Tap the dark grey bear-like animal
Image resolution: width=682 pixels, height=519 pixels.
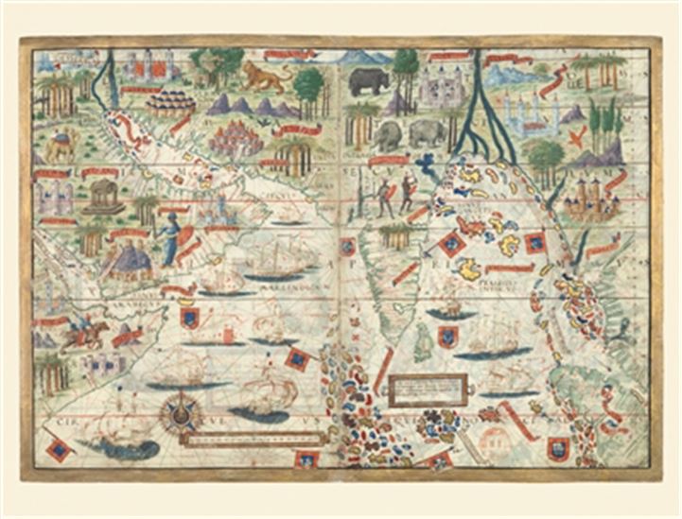[x=368, y=82]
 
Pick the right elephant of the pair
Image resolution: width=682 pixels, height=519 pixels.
[x=428, y=133]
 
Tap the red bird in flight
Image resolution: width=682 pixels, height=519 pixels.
[x=573, y=137]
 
